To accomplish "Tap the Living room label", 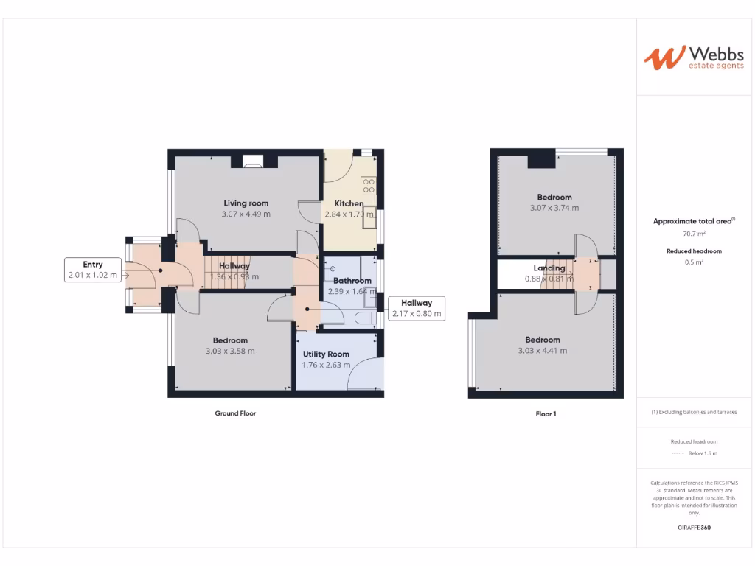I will tap(246, 203).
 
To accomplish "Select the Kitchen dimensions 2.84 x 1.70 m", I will tap(349, 214).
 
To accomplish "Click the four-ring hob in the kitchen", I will tap(368, 185).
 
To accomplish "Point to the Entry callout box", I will tap(93, 270).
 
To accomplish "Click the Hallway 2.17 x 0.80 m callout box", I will tap(417, 308).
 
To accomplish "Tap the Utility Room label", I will tap(326, 354).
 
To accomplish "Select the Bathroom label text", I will tap(352, 281).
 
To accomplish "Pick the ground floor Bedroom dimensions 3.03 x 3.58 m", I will tap(230, 352).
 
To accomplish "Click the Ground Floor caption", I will tap(235, 414).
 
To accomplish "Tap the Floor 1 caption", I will tap(546, 414).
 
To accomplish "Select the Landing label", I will tap(549, 268).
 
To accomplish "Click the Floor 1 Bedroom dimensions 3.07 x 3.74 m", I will tap(554, 208).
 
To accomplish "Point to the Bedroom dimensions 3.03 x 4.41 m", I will tap(543, 351).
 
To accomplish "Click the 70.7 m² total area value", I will tap(694, 234).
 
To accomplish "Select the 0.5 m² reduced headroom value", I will tap(694, 262).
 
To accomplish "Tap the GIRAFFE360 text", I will tap(694, 528).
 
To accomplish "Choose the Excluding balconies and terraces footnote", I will tap(694, 412).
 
